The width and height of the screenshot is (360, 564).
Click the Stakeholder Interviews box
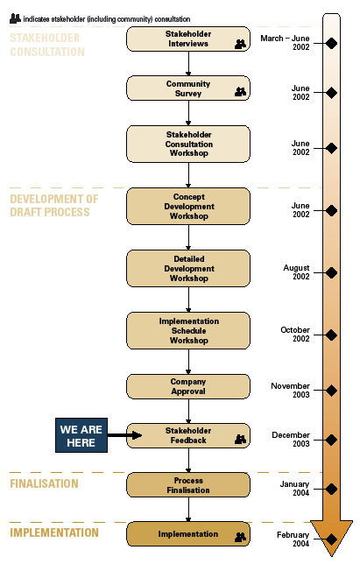click(187, 39)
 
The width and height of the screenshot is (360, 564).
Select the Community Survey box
click(187, 88)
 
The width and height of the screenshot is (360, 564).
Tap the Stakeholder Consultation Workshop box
click(187, 144)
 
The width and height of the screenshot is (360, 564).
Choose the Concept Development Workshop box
click(187, 206)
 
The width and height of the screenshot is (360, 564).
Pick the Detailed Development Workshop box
click(187, 268)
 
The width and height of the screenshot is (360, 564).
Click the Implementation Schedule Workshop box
click(187, 330)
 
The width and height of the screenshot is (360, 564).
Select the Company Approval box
click(187, 387)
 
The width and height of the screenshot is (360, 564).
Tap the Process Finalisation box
click(187, 485)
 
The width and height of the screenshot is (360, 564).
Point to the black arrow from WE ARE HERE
click(125, 434)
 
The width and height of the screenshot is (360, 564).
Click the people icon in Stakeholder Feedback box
click(239, 440)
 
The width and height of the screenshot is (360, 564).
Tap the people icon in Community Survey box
click(239, 92)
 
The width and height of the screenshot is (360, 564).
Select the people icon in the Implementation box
click(239, 538)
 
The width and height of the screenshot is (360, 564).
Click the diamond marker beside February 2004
click(331, 539)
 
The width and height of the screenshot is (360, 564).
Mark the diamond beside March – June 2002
click(331, 43)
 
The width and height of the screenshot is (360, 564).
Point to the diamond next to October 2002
click(331, 335)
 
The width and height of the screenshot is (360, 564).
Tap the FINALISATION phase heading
click(44, 483)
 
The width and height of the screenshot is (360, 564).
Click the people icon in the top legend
click(15, 16)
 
